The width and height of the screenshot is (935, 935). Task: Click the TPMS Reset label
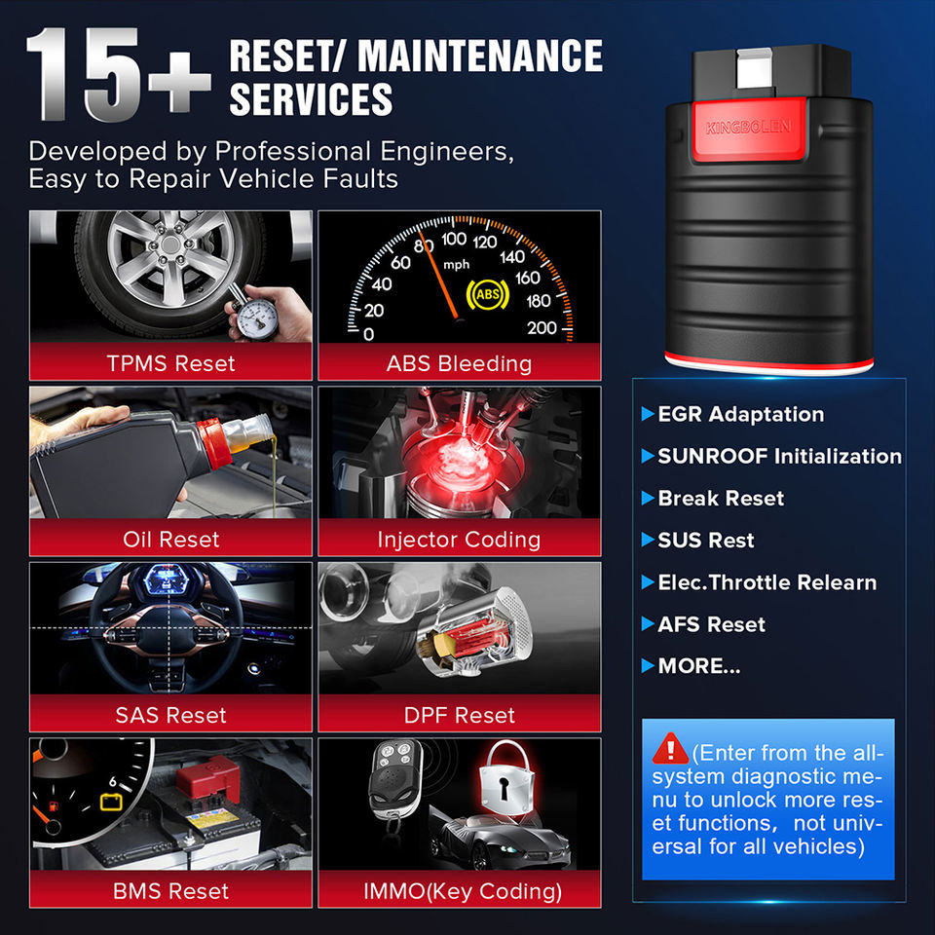[170, 363]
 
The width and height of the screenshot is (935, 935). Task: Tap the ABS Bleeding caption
[459, 363]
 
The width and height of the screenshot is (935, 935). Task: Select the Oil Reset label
[171, 539]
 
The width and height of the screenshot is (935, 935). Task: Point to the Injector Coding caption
[459, 540]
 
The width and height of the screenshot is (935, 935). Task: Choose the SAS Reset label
[171, 715]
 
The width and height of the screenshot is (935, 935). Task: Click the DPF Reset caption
[459, 715]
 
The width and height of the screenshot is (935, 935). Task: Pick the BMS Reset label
[171, 891]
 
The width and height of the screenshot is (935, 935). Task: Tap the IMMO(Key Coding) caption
[463, 891]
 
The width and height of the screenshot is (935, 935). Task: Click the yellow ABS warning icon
[487, 294]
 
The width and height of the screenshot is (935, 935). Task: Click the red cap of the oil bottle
[213, 442]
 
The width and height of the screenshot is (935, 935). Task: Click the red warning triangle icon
[671, 748]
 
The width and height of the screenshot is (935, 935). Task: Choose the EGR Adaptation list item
[732, 414]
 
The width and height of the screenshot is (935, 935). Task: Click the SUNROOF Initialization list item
[771, 456]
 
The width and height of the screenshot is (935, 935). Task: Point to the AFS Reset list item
[703, 624]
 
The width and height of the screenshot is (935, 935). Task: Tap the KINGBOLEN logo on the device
[748, 127]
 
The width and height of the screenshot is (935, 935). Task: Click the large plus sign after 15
[179, 82]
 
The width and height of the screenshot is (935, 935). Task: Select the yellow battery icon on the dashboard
[111, 802]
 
